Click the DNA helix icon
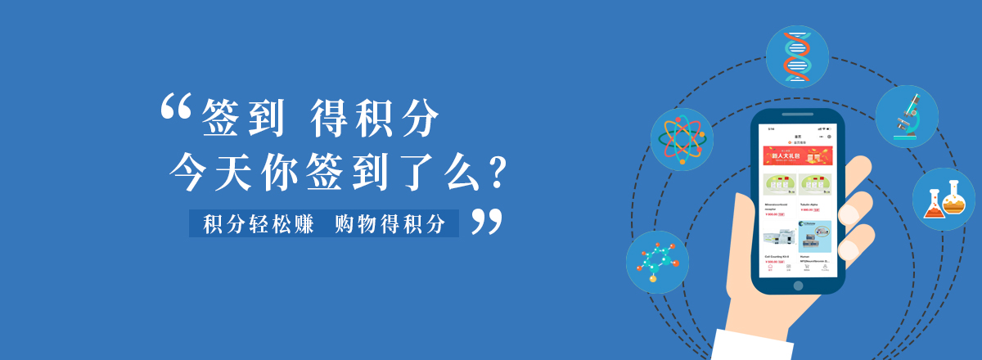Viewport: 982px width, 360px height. coord(797,56)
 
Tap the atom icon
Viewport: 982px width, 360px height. coord(682,139)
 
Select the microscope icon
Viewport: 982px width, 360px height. coord(907,116)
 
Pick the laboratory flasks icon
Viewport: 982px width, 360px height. coord(944,199)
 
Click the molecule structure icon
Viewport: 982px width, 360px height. coord(657,262)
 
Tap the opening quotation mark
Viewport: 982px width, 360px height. coord(175,107)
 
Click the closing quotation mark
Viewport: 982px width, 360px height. coord(486,222)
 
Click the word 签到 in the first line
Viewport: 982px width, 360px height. coord(243,118)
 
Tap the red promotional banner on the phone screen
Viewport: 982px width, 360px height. coord(797,156)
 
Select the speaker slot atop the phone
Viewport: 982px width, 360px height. coord(797,115)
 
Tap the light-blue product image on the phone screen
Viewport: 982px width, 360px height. coord(814,236)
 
